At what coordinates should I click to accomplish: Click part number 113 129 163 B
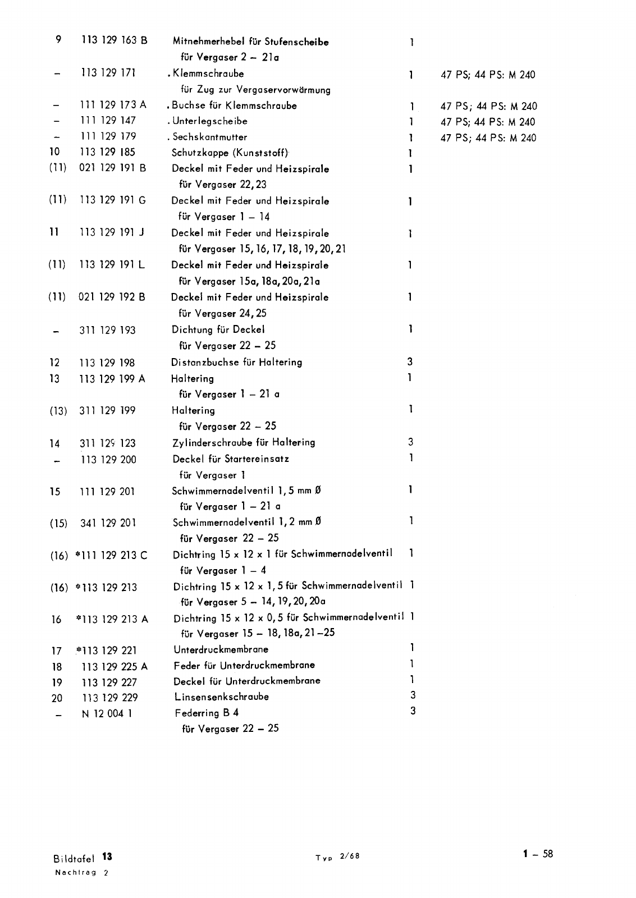tap(115, 40)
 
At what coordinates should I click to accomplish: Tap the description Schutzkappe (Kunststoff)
tap(230, 153)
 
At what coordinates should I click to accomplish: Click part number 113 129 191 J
tap(112, 232)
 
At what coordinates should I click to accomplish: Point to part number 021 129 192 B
tap(112, 297)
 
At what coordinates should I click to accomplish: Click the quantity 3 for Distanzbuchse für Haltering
tap(410, 362)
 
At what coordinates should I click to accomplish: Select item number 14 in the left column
tap(54, 444)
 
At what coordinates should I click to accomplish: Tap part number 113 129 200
tap(108, 460)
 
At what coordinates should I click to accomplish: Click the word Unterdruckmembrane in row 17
tap(221, 649)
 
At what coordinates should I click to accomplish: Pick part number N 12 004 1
tap(107, 714)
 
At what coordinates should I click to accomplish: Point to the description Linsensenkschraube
tap(221, 697)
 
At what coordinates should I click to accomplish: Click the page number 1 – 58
tap(538, 854)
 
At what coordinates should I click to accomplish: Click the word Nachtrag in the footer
tap(75, 872)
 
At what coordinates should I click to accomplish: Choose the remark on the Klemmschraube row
tap(488, 75)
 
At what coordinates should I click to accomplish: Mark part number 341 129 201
tap(108, 523)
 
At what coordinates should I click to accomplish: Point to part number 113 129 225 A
tap(115, 667)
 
